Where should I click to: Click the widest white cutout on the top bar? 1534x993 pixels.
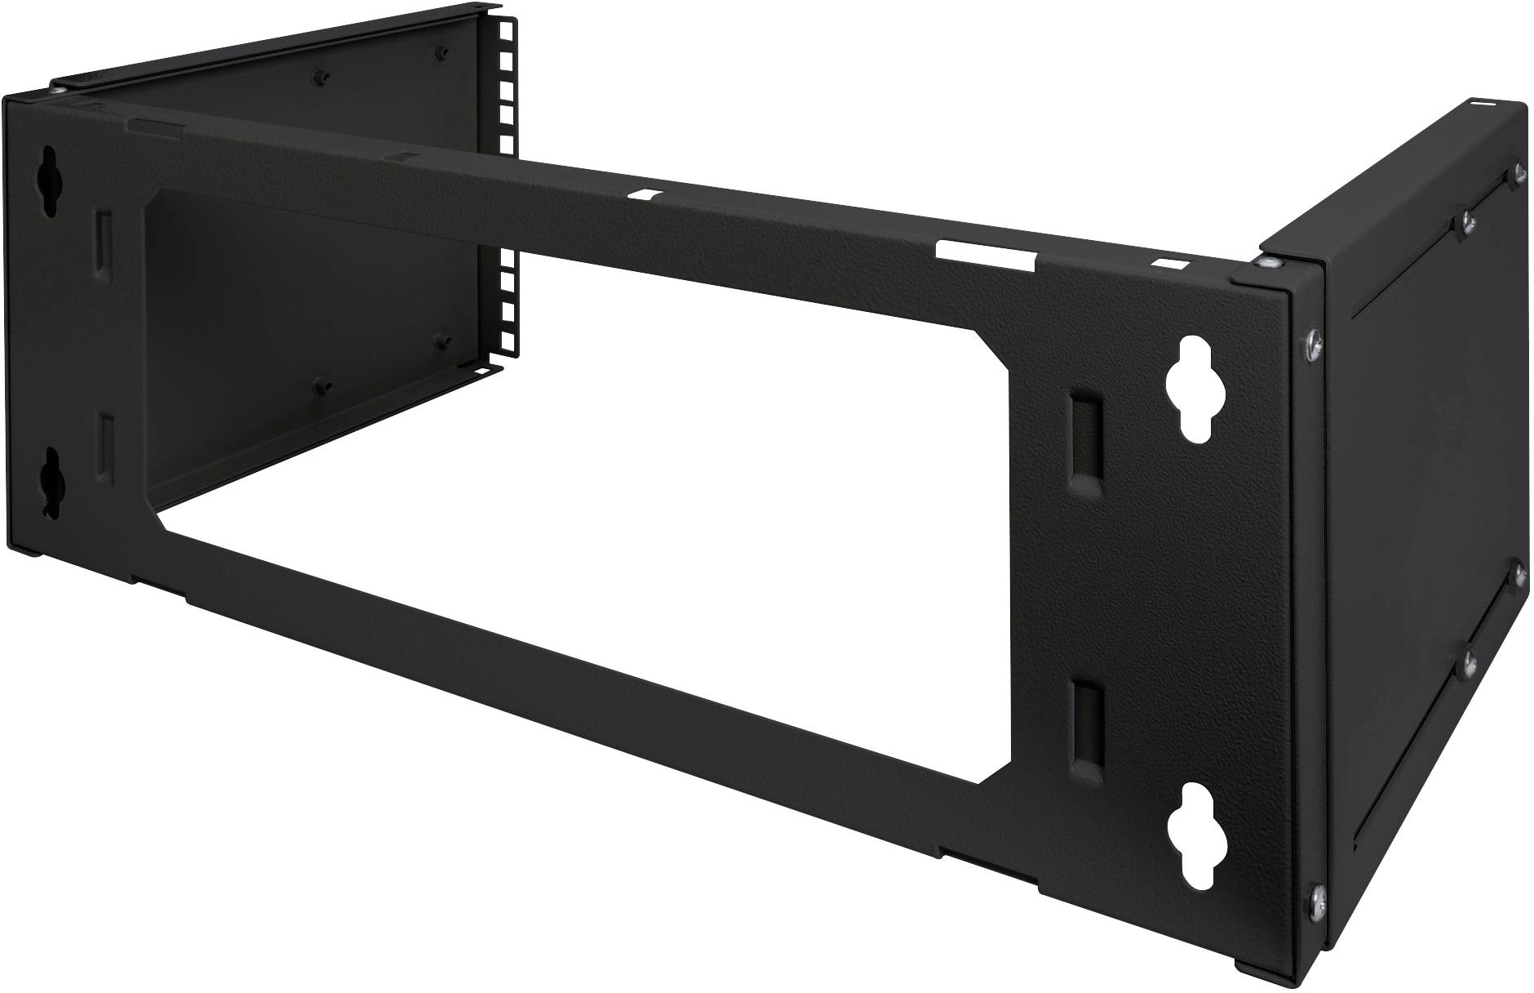click(986, 253)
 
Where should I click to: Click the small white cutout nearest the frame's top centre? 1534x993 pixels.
click(649, 196)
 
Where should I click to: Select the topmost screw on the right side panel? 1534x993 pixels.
click(1518, 171)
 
